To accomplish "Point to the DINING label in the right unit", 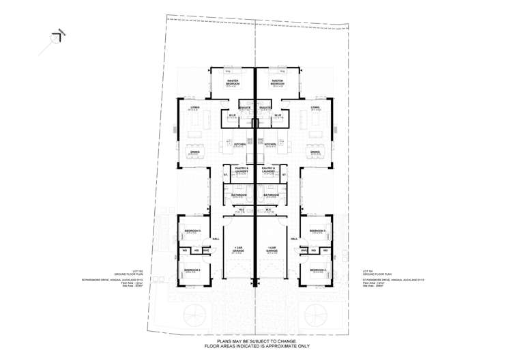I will click(315, 153).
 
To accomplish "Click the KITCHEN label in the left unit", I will click(239, 145).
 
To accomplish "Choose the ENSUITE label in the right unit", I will click(266, 109).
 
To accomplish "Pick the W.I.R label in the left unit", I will click(232, 115).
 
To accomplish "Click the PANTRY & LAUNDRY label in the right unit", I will click(268, 169).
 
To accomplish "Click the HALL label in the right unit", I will click(295, 239).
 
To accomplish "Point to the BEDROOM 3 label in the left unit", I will click(192, 231).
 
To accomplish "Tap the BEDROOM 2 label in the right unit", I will click(319, 271).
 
